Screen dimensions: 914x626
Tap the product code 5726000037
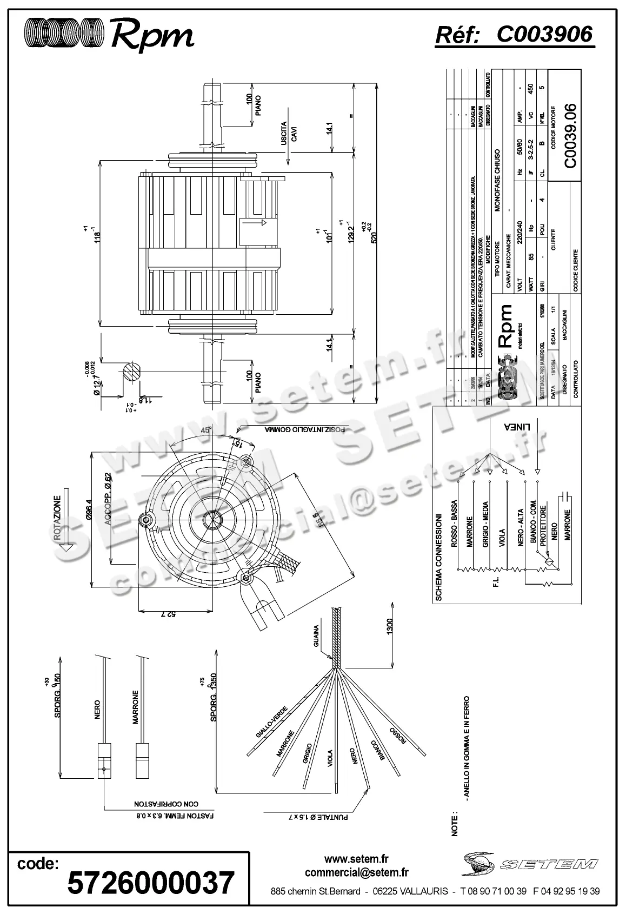point(151,883)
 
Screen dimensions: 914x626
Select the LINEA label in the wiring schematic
point(517,426)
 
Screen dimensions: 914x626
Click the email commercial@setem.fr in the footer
point(356,872)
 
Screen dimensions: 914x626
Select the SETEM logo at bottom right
point(529,864)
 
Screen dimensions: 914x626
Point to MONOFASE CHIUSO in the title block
point(498,179)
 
